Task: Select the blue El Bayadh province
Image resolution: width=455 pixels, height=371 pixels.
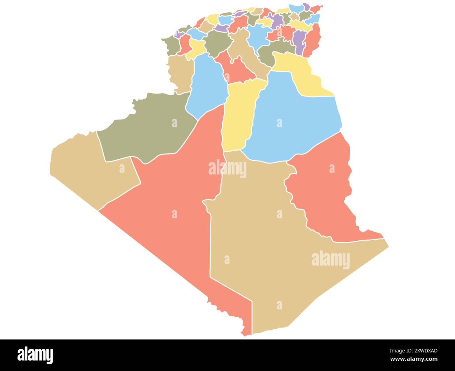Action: pyautogui.click(x=206, y=88)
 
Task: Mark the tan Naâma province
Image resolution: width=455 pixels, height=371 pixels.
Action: pyautogui.click(x=180, y=74)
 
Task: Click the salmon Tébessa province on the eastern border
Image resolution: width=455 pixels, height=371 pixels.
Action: pyautogui.click(x=313, y=40)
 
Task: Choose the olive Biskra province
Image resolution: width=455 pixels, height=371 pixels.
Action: pyautogui.click(x=273, y=53)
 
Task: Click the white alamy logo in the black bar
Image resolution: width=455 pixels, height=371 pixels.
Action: pyautogui.click(x=35, y=355)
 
